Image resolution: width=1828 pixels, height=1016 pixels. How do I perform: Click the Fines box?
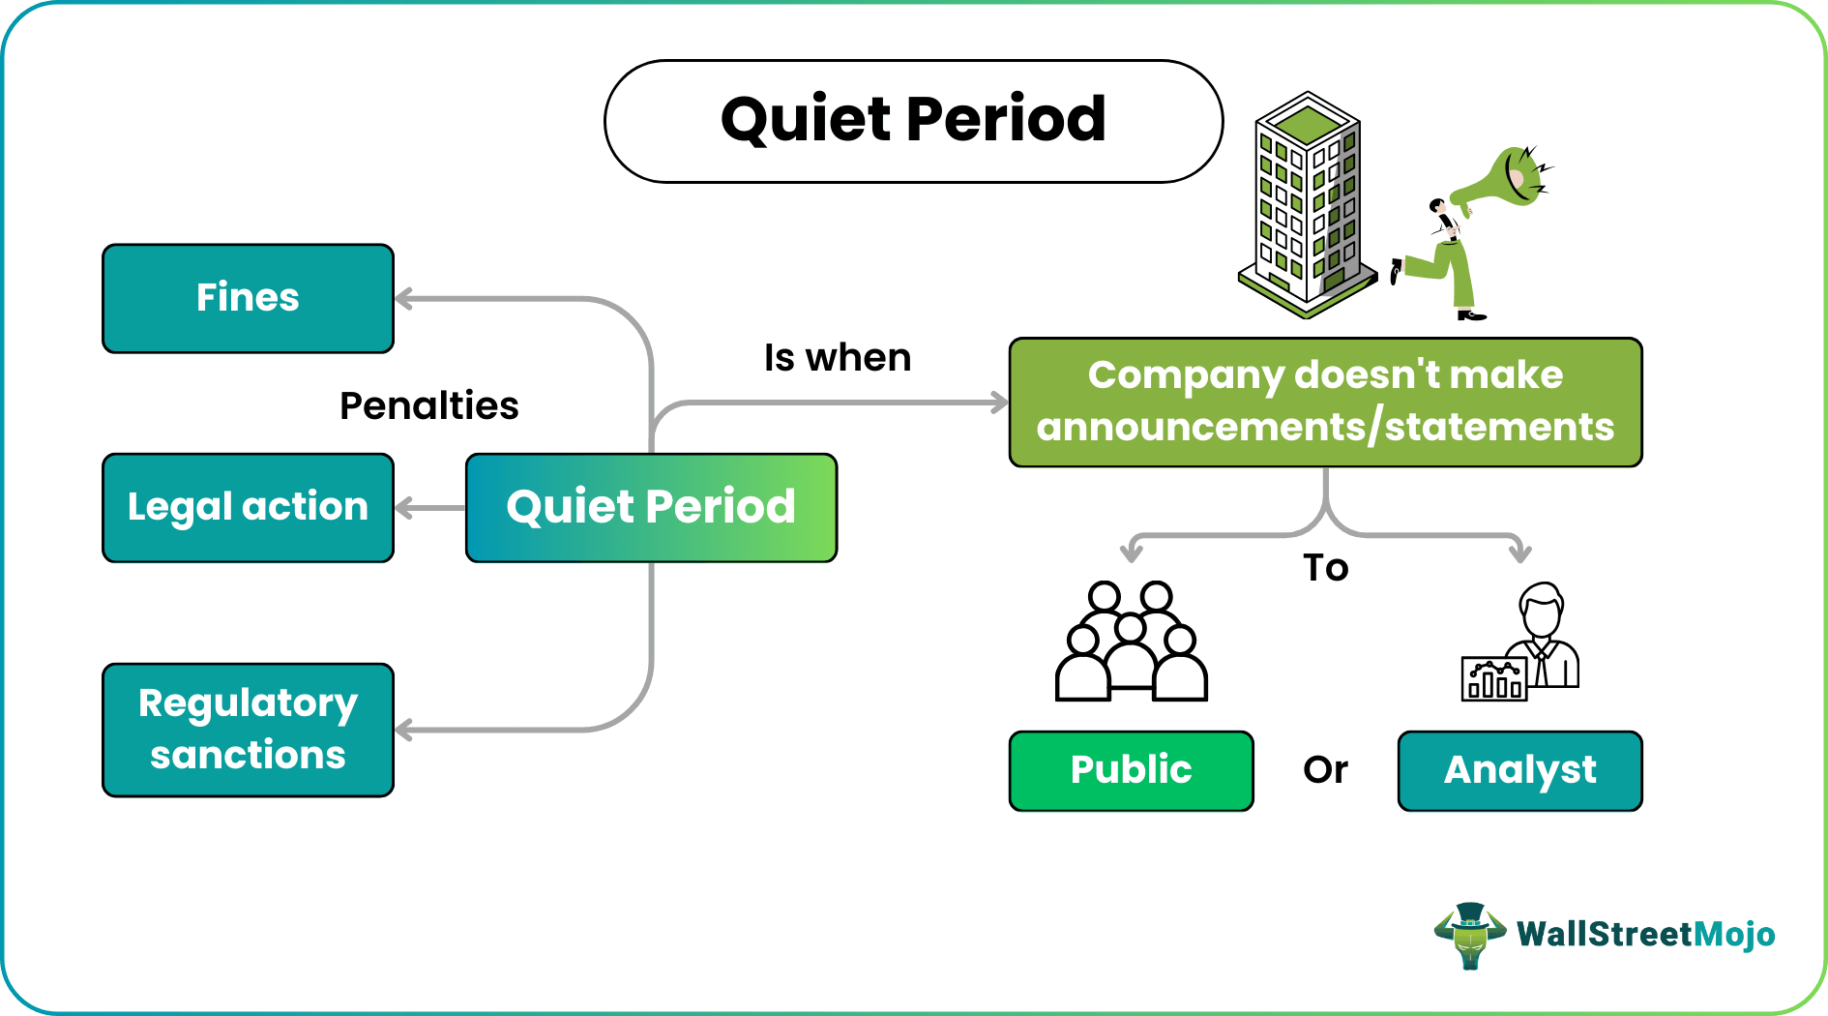[248, 298]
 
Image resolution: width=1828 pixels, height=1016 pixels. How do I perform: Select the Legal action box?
[248, 507]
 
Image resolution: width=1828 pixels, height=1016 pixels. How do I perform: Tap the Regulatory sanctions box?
[248, 730]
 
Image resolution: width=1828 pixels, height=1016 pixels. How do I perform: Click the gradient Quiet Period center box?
[651, 507]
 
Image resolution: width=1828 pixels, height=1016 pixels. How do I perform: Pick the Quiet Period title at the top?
[913, 121]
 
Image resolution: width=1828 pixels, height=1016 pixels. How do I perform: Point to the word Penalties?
[428, 405]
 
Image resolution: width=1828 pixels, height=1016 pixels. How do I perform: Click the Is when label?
[837, 357]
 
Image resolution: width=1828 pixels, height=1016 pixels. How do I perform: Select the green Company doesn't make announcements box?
[1325, 402]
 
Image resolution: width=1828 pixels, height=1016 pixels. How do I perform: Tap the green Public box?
[1131, 770]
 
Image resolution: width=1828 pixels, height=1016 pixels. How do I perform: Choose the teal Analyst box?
[1519, 770]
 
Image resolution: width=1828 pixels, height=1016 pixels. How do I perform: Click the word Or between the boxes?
[1325, 770]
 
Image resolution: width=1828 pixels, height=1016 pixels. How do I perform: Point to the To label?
[1325, 568]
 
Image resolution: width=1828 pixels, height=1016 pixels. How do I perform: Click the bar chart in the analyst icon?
[1493, 679]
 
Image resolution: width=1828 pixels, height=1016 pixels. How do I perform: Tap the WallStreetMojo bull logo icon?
[1470, 935]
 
